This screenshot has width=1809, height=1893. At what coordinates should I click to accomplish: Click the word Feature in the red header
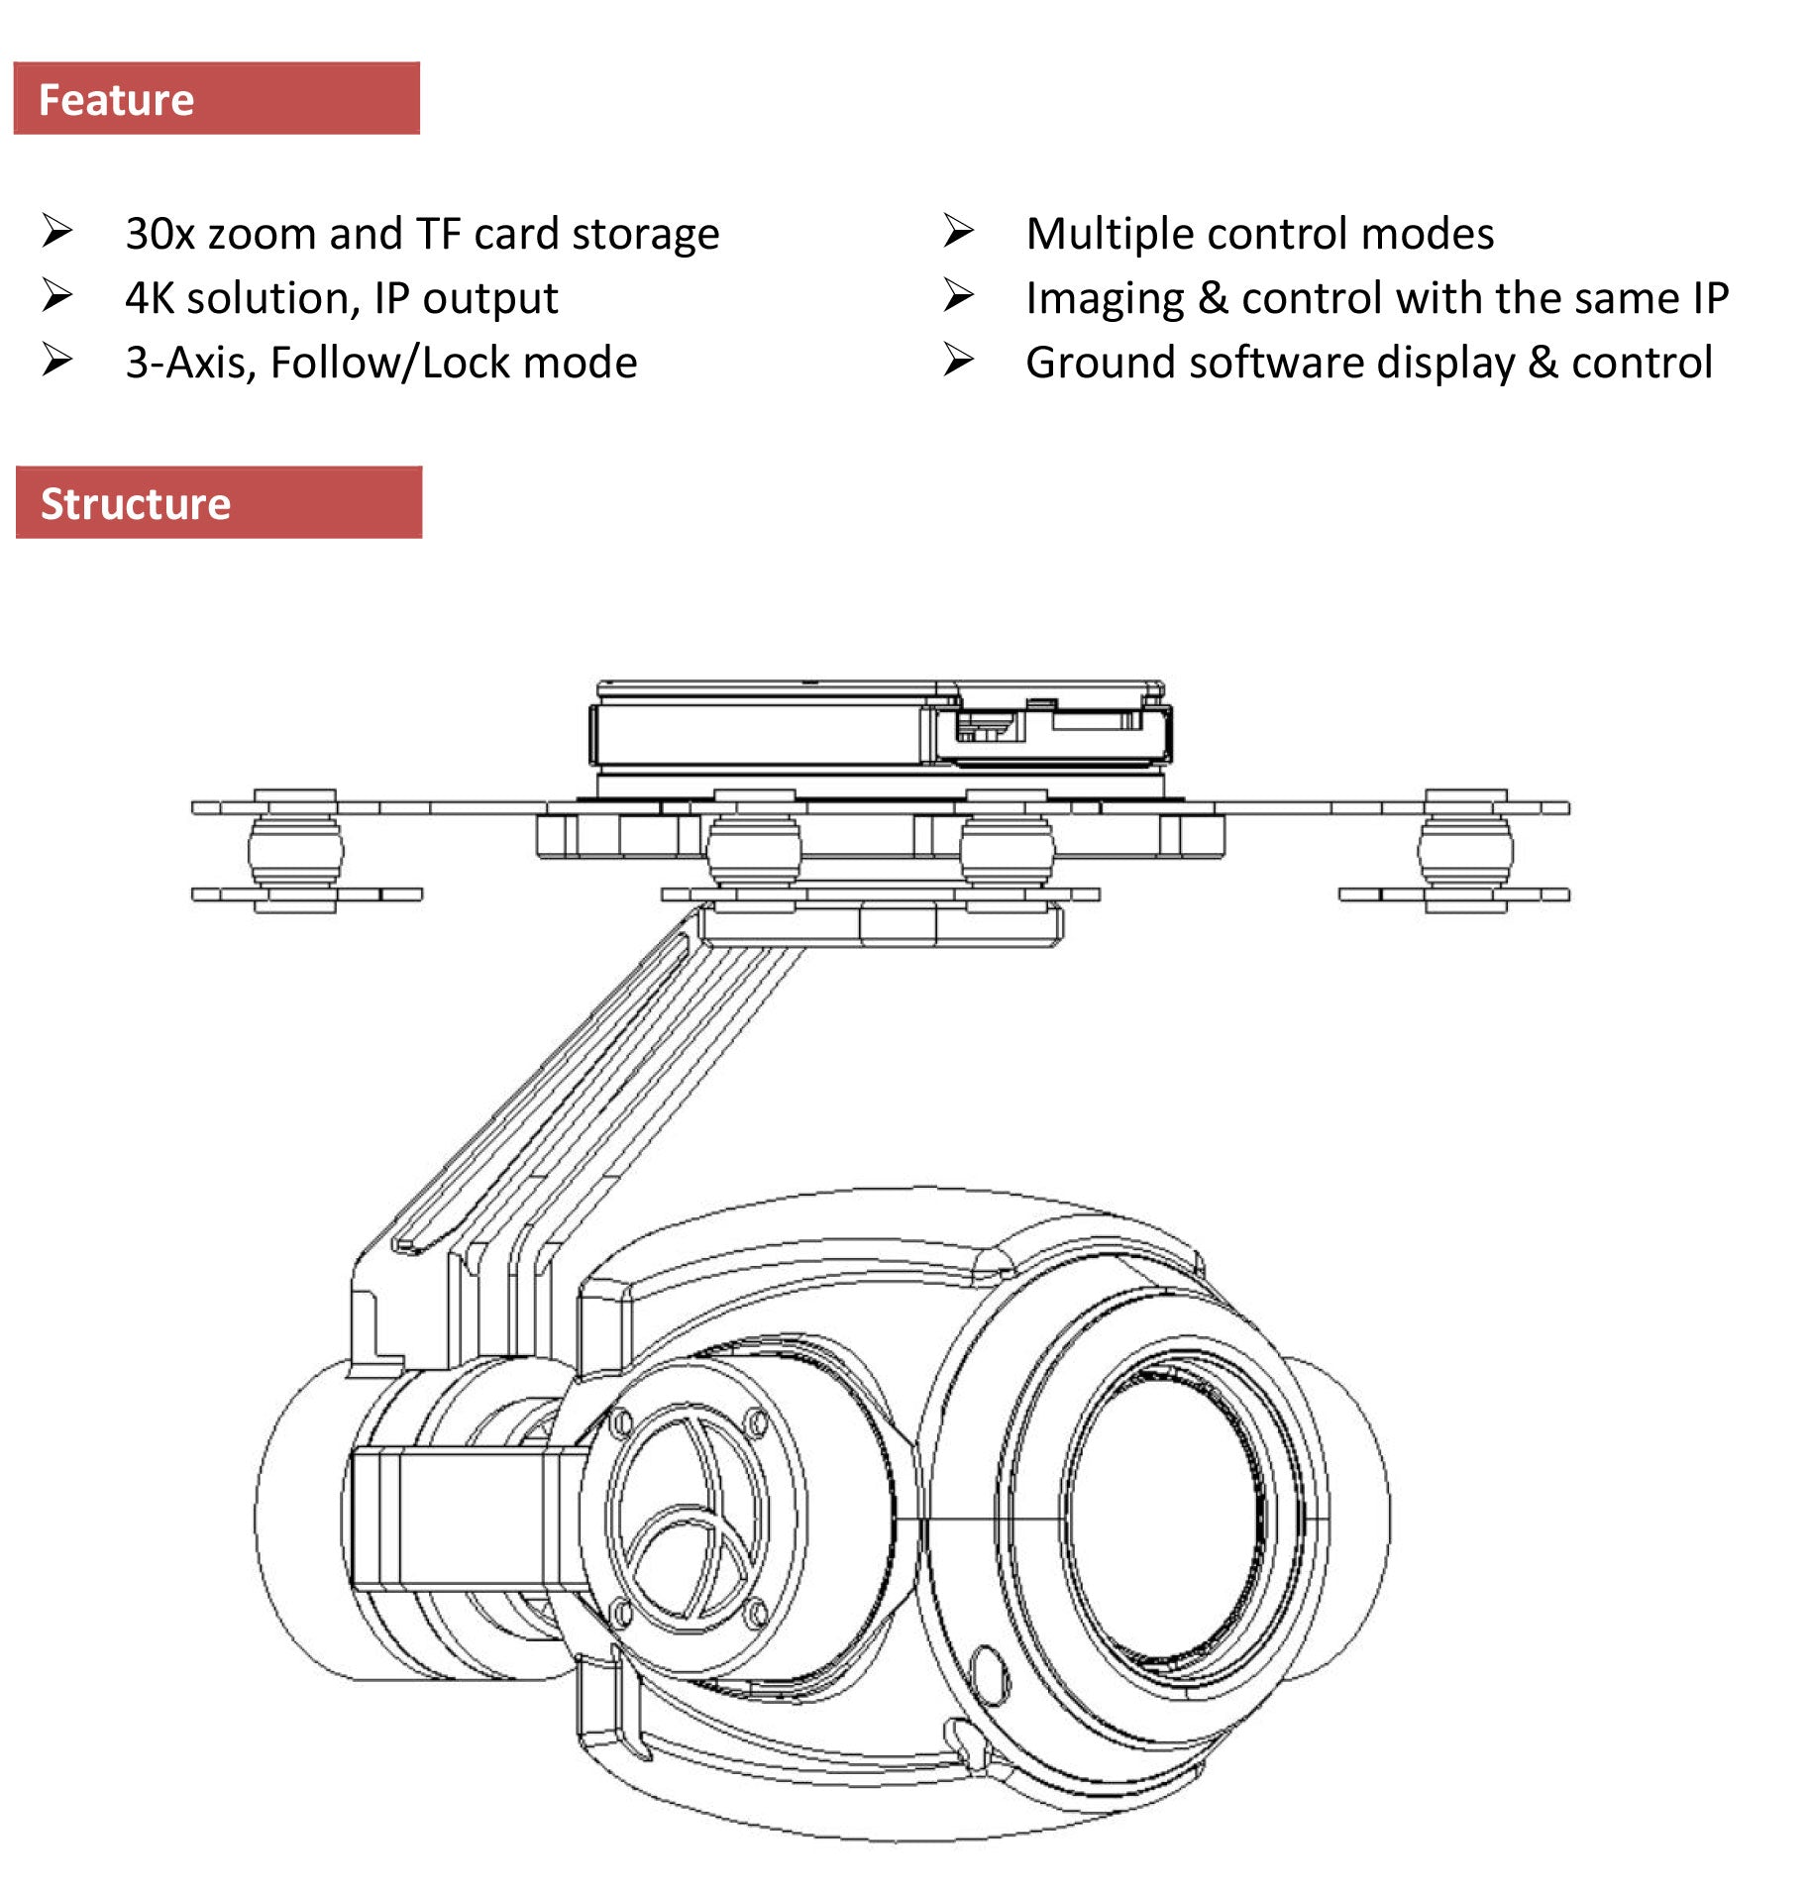[x=116, y=100]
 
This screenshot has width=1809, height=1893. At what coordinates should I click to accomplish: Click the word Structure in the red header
[x=136, y=504]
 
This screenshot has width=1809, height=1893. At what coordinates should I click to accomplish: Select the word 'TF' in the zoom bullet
[x=438, y=235]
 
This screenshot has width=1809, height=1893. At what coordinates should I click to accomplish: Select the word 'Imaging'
[x=1105, y=299]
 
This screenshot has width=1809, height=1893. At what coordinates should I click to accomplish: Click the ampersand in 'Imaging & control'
[x=1213, y=299]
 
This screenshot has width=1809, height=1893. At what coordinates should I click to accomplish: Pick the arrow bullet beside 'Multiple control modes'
[x=958, y=231]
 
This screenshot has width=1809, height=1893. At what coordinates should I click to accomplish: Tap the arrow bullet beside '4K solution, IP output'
[x=57, y=295]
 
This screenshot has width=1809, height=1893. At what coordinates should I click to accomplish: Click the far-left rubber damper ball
[x=295, y=850]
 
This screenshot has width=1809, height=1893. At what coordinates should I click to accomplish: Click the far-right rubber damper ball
[x=1465, y=850]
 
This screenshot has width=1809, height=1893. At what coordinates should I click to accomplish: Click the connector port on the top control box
[x=982, y=728]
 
